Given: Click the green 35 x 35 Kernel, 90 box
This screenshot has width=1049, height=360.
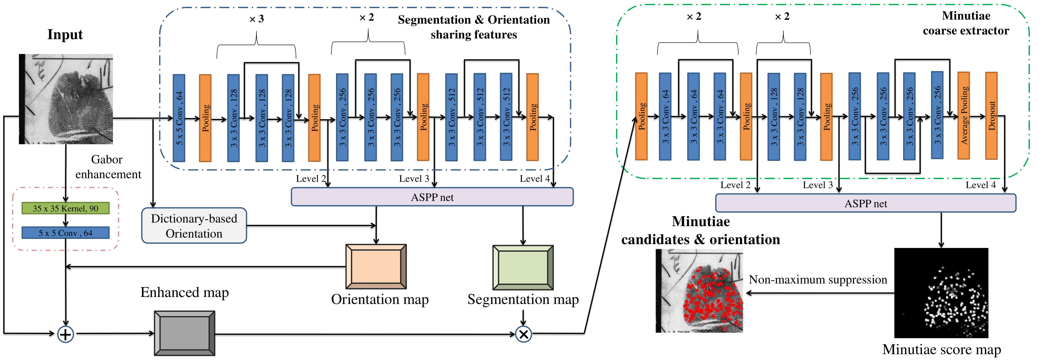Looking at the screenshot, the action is click(x=66, y=208).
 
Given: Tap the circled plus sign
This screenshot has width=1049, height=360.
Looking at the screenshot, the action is click(x=66, y=334).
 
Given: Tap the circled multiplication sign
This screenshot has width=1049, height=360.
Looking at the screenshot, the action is click(x=524, y=334).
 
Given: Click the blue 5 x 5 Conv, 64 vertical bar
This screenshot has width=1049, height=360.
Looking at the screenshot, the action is click(x=179, y=118).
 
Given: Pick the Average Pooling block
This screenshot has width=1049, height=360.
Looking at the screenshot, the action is click(x=963, y=116).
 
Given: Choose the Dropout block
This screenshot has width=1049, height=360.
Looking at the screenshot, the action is click(x=991, y=116).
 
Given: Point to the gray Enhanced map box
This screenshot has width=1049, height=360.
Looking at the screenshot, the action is click(x=184, y=333).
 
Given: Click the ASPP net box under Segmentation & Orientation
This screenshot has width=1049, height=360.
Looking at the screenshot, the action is click(x=432, y=197).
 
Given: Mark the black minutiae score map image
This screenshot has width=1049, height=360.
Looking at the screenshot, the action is click(x=941, y=293).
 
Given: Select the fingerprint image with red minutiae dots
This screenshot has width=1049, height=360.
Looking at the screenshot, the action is click(x=699, y=291).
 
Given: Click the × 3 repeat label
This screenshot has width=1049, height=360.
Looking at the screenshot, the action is click(x=257, y=19).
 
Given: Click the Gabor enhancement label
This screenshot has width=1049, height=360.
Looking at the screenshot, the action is click(x=108, y=166).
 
